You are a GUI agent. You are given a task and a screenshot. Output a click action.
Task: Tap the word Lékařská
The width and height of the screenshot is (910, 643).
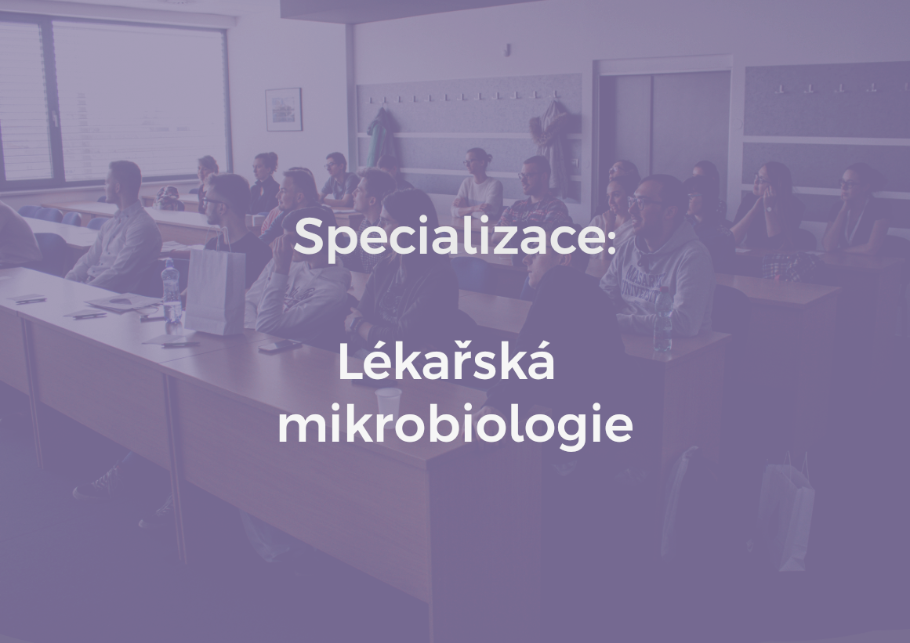(446, 364)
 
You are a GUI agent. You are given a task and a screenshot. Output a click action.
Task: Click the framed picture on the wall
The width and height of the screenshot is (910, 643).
(283, 109)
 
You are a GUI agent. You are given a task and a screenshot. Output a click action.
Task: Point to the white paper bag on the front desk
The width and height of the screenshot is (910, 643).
(215, 291)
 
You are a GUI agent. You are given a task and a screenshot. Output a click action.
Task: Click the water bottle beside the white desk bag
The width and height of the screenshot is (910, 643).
(170, 291)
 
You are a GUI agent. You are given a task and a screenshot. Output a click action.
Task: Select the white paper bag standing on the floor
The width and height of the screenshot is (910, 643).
(786, 514)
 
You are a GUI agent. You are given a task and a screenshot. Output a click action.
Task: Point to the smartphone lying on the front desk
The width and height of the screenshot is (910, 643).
(280, 345)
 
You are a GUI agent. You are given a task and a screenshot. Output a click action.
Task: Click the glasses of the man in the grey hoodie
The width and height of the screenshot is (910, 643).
(642, 202)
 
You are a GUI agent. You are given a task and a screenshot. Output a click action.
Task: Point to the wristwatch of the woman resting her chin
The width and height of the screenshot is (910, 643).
(770, 208)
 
